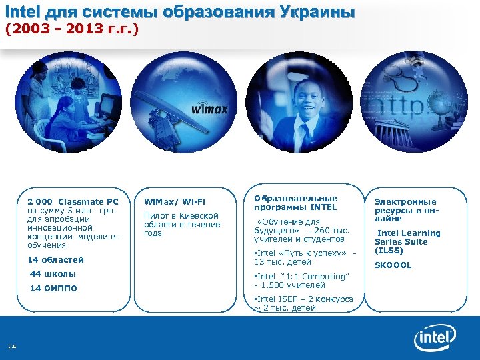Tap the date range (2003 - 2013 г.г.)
71,29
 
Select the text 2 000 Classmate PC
73,201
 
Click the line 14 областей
55,259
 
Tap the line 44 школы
53,273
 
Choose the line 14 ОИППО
54,288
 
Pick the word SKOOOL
393,265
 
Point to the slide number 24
12,346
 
